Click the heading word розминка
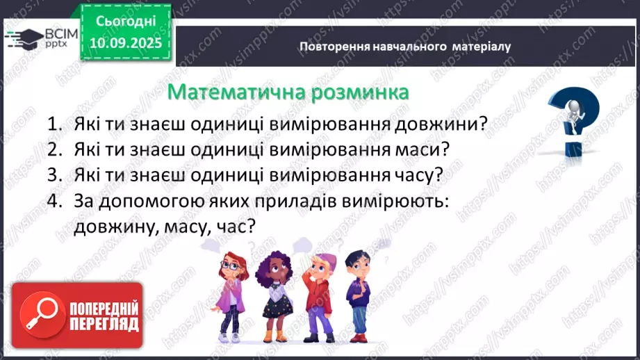pos(357,91)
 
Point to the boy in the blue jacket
pos(359,292)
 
